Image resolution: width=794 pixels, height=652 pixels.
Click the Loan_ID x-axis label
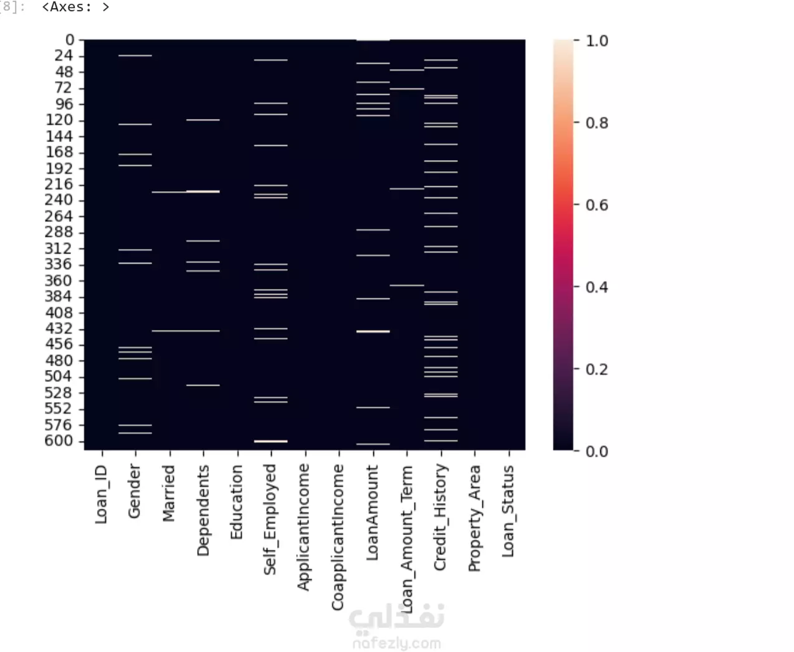101,494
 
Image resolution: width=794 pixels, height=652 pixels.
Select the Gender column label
135,491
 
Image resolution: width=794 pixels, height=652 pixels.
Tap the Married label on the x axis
168,493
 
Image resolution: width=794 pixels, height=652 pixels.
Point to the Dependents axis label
203,511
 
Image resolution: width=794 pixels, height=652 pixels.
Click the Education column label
237,502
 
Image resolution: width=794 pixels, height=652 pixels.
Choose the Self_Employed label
270,519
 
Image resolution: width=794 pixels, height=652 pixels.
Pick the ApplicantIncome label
304,527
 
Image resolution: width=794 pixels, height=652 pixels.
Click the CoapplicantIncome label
338,537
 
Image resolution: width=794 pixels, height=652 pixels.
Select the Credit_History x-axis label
441,517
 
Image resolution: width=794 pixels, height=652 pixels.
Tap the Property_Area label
475,518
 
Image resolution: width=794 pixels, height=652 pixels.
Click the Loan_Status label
509,511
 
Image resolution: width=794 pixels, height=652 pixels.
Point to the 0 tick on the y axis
70,40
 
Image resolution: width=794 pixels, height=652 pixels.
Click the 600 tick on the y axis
59,441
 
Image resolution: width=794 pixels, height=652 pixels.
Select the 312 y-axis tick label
59,248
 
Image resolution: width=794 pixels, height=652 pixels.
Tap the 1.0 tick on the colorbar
596,41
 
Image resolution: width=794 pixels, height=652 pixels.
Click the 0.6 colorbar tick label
596,205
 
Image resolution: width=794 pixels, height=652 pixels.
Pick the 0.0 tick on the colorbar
596,451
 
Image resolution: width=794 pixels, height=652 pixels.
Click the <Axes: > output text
75,7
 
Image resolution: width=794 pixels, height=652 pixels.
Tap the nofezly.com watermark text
396,643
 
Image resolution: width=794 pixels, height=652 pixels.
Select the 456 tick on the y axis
59,344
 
